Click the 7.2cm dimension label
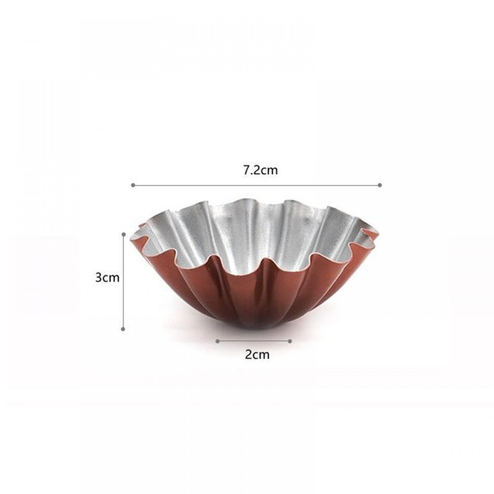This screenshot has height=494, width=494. click(x=260, y=170)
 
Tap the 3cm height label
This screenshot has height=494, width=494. click(x=107, y=278)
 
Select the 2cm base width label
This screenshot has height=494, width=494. click(x=257, y=355)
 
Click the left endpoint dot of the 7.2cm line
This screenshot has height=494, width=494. click(x=133, y=185)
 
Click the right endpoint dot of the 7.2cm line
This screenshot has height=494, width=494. click(x=379, y=185)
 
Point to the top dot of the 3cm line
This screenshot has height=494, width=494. click(x=123, y=234)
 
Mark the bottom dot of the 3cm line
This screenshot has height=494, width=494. click(x=123, y=329)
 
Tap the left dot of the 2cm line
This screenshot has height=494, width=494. click(x=217, y=341)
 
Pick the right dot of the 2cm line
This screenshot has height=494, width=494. click(x=290, y=341)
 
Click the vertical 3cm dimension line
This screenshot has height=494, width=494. click(x=123, y=282)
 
